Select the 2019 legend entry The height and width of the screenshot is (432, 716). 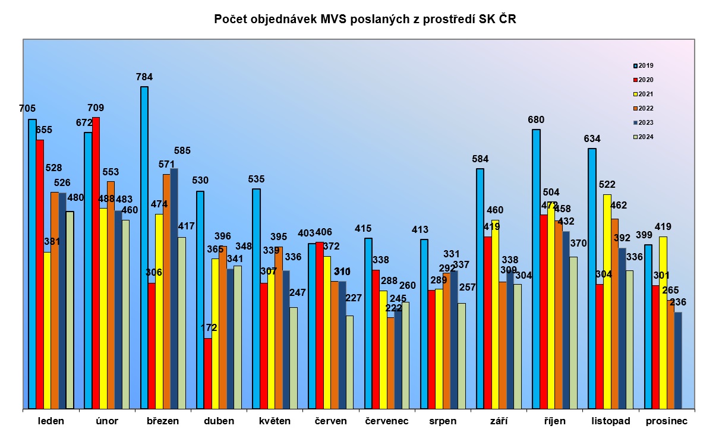pyautogui.click(x=644, y=65)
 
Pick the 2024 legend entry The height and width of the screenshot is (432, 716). pyautogui.click(x=644, y=137)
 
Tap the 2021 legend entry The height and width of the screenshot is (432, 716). pyautogui.click(x=644, y=94)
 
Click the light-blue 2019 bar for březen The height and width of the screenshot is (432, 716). pyautogui.click(x=144, y=247)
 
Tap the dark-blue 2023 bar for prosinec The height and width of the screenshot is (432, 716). pyautogui.click(x=678, y=360)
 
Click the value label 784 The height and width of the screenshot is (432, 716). pyautogui.click(x=144, y=77)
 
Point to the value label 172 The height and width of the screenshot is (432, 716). pyautogui.click(x=209, y=327)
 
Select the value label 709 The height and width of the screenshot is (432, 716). pyautogui.click(x=95, y=108)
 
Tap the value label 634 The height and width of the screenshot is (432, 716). pyautogui.click(x=592, y=139)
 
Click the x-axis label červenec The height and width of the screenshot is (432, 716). pyautogui.click(x=386, y=421)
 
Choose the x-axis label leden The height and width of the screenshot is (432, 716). pyautogui.click(x=51, y=421)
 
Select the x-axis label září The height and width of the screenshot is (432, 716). pyautogui.click(x=497, y=421)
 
